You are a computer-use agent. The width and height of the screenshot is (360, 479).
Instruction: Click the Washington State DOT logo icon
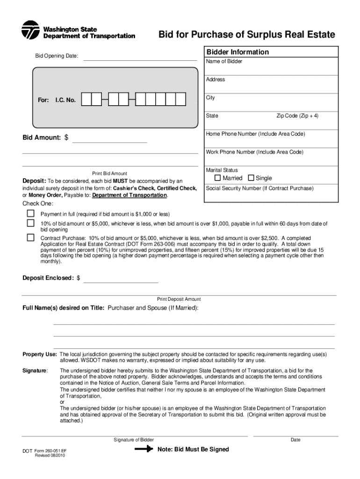click(x=30, y=31)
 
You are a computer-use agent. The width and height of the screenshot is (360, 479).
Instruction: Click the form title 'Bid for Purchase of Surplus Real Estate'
click(x=246, y=35)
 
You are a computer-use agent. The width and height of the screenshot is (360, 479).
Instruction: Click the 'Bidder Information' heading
click(x=238, y=52)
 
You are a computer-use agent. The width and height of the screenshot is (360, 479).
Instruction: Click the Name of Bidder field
click(x=272, y=68)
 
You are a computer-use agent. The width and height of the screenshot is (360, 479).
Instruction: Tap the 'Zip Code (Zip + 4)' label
click(x=297, y=116)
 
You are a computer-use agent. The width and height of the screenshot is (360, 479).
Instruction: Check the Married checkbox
click(x=217, y=178)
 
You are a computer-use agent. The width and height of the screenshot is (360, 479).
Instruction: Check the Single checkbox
click(x=251, y=178)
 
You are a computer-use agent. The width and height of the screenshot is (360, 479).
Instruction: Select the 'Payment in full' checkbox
click(x=30, y=213)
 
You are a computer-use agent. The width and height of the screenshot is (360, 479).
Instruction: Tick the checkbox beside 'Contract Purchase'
click(x=30, y=237)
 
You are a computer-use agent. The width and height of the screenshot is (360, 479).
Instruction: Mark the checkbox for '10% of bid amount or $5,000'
click(x=30, y=223)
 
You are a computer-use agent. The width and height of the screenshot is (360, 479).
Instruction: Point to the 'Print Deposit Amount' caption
click(x=179, y=299)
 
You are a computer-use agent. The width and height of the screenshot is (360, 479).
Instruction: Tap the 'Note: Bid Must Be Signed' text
click(x=193, y=449)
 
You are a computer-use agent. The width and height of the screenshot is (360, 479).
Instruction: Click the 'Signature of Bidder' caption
click(x=134, y=440)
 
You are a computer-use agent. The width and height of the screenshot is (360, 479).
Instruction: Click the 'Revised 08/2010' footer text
click(x=50, y=456)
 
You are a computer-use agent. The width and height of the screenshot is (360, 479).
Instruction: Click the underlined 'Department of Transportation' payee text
click(x=130, y=195)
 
